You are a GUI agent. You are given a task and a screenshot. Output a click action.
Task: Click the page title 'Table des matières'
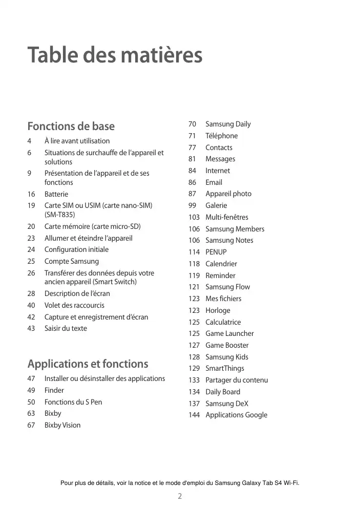click(115, 55)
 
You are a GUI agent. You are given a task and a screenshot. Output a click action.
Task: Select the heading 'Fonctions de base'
click(71, 126)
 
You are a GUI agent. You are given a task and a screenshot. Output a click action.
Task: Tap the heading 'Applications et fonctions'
click(88, 364)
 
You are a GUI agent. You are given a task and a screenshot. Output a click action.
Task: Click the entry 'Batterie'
click(56, 194)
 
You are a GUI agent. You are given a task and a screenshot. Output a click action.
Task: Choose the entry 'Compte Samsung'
click(72, 261)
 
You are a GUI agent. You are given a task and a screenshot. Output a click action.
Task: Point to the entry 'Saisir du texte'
click(66, 328)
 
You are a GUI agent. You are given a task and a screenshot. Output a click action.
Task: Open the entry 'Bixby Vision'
click(62, 425)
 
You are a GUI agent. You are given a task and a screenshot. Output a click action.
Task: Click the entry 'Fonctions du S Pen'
click(73, 402)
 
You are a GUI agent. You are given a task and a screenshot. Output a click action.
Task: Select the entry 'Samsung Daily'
click(228, 124)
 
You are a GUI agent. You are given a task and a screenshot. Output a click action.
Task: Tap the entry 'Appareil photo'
click(228, 194)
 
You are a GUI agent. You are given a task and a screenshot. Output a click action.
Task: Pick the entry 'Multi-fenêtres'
click(227, 217)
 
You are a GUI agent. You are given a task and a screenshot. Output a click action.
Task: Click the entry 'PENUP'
click(216, 252)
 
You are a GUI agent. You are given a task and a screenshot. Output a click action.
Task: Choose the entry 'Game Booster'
click(227, 345)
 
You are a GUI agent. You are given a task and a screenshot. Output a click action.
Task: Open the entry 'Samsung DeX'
click(227, 404)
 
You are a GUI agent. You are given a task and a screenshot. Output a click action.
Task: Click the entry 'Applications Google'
click(236, 415)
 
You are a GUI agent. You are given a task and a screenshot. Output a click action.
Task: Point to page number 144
click(194, 415)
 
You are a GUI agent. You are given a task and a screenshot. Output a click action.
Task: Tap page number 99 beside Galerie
click(193, 205)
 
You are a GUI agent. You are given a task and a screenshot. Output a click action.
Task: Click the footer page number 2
click(180, 496)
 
